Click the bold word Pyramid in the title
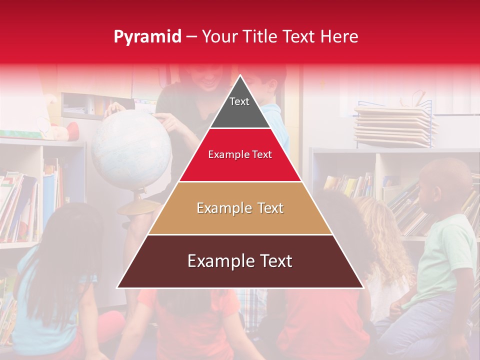click(x=147, y=37)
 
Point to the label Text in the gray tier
click(x=239, y=101)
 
